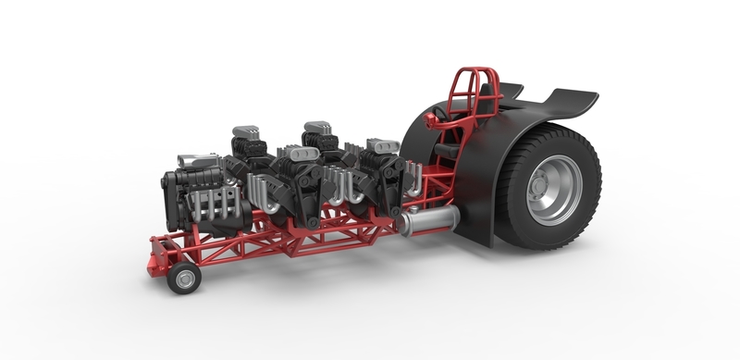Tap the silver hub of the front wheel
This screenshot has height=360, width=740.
tap(184, 279)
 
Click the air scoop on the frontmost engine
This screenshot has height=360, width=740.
tap(198, 161)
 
